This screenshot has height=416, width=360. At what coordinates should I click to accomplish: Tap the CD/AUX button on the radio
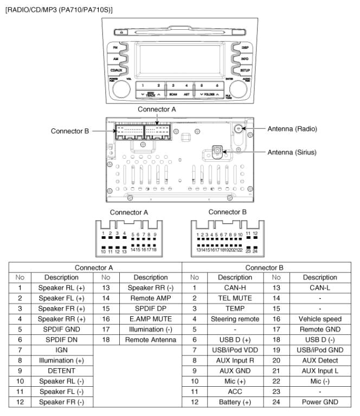(116, 69)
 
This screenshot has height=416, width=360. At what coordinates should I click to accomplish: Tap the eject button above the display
(123, 33)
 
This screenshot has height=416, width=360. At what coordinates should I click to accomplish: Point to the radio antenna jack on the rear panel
(239, 129)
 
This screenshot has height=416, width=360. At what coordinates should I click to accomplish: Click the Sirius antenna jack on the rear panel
(217, 149)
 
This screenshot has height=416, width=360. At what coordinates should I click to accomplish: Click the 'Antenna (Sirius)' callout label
(294, 152)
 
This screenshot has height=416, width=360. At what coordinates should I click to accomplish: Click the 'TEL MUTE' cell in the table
(223, 307)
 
